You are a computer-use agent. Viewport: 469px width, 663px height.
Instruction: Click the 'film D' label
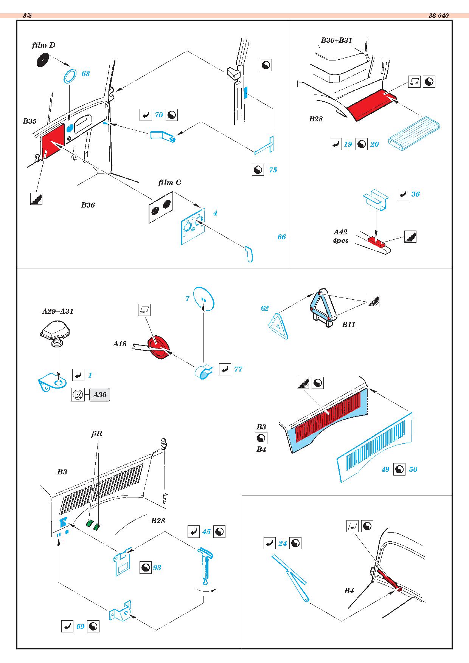(43, 45)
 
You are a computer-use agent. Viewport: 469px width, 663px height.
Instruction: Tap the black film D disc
(43, 60)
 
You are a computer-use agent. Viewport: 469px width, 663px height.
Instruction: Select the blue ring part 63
(69, 76)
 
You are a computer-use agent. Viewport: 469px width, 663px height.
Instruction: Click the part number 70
(159, 115)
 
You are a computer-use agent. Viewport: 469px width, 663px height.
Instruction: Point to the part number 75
(273, 170)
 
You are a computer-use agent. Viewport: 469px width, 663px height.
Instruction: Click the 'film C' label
(169, 183)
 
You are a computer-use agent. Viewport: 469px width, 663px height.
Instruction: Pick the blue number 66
(281, 237)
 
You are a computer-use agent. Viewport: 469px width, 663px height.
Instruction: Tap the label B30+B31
(336, 40)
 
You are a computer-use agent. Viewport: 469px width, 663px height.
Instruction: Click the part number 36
(415, 194)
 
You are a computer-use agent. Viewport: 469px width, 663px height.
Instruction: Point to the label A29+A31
(57, 311)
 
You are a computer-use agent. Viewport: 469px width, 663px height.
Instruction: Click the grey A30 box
(99, 395)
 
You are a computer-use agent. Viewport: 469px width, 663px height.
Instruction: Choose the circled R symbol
(78, 395)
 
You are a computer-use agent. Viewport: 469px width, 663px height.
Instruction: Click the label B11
(348, 324)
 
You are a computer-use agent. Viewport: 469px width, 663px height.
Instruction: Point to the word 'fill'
(97, 434)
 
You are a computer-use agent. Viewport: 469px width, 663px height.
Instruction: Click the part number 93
(157, 568)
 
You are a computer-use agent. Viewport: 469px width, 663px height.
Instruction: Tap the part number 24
(283, 544)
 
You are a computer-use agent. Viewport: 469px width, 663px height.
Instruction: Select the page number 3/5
(28, 15)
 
